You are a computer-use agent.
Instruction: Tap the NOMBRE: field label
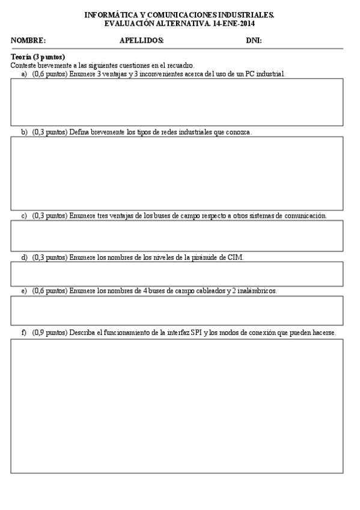pyautogui.click(x=28, y=41)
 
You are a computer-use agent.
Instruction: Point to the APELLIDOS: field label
pyautogui.click(x=142, y=41)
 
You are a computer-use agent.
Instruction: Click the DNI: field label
pyautogui.click(x=254, y=41)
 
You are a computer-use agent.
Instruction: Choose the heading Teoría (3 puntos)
pyautogui.click(x=38, y=57)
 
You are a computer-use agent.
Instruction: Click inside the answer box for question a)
pyautogui.click(x=177, y=102)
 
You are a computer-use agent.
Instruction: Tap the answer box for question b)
pyautogui.click(x=177, y=173)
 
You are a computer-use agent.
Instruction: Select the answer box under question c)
pyautogui.click(x=177, y=235)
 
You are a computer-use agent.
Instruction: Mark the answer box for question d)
pyautogui.click(x=177, y=274)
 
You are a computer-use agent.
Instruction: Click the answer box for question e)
pyautogui.click(x=177, y=310)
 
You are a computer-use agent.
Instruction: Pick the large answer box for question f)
pyautogui.click(x=177, y=406)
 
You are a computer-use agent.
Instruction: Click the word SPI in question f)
pyautogui.click(x=196, y=333)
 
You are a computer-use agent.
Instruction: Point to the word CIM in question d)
pyautogui.click(x=236, y=257)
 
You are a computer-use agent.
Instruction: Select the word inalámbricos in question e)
pyautogui.click(x=258, y=290)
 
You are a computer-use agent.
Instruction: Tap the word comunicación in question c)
pyautogui.click(x=305, y=215)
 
